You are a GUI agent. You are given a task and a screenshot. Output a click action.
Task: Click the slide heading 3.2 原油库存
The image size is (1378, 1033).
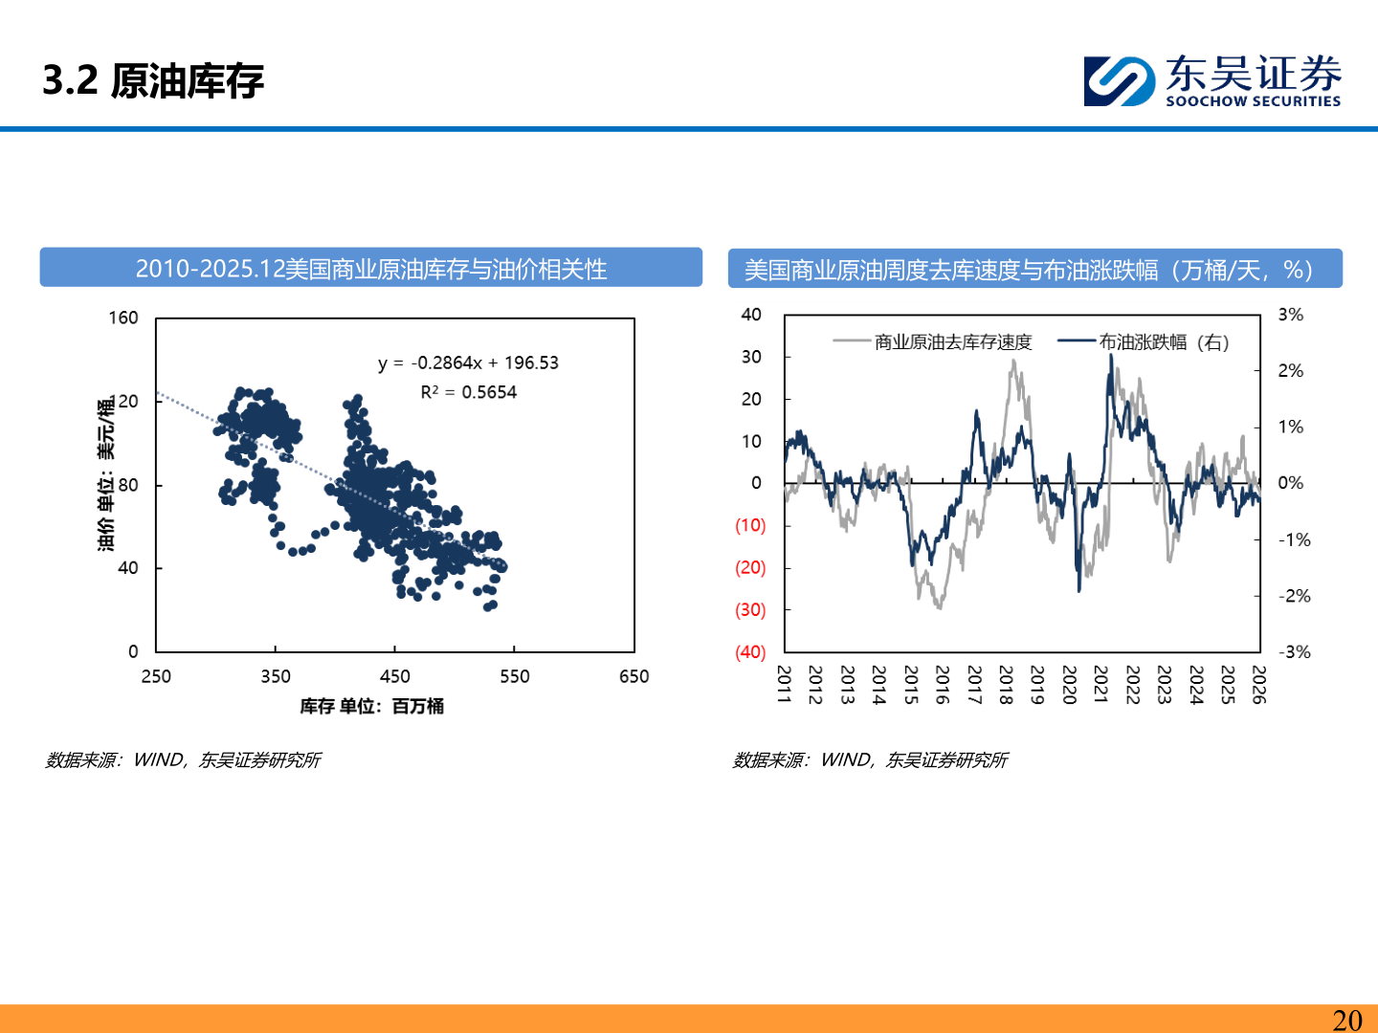[x=153, y=80]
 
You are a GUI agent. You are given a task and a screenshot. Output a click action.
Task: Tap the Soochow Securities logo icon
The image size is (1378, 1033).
[x=1119, y=80]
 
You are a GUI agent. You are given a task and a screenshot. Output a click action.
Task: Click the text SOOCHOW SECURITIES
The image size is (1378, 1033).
[x=1253, y=101]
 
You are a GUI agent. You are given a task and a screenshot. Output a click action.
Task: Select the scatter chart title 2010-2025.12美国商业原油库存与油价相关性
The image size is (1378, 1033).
[x=370, y=269]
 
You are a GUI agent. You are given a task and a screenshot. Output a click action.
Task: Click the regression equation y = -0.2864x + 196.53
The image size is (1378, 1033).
[x=468, y=363]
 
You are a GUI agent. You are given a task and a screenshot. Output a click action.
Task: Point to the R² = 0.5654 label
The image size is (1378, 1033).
[x=468, y=392]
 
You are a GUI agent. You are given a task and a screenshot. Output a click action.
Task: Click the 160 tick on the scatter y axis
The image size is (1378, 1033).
[x=123, y=318]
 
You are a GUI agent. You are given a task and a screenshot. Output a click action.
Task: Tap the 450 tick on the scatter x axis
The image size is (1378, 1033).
[x=394, y=677]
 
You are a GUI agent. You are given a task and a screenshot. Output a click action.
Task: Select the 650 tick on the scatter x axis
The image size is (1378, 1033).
[x=633, y=677]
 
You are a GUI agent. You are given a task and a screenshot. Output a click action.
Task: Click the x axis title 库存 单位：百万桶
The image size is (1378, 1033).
[x=371, y=707]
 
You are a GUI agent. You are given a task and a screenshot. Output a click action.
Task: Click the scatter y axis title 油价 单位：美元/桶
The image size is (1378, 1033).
[x=105, y=473]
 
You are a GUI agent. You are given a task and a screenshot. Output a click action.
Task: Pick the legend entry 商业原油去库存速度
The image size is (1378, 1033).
[x=952, y=342]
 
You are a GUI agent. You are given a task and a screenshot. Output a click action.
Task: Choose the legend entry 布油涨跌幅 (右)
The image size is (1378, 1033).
[x=1163, y=342]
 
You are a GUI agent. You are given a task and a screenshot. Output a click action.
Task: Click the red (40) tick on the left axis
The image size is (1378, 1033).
[x=750, y=652]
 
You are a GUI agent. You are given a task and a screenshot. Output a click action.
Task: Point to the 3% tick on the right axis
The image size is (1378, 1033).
[x=1290, y=315]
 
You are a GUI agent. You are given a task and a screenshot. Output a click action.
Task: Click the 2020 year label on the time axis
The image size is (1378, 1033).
[x=1069, y=685]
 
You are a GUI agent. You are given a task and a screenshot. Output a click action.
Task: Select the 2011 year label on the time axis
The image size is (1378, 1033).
[x=784, y=685]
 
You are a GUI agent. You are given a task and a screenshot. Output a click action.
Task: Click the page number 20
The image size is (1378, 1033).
[x=1346, y=1020]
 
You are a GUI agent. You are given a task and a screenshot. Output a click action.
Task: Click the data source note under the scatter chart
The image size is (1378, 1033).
[x=183, y=760]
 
